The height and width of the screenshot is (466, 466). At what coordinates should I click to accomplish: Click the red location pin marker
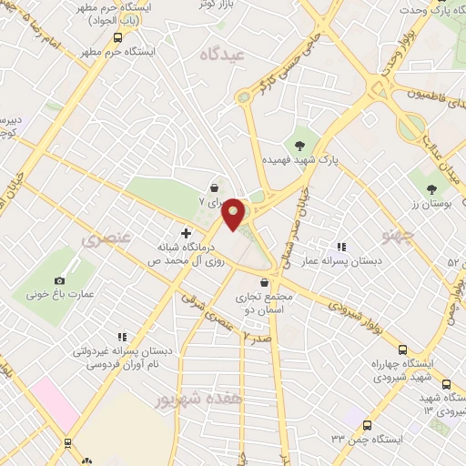[234, 214]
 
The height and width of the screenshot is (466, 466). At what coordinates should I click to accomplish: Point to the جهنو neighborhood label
[400, 238]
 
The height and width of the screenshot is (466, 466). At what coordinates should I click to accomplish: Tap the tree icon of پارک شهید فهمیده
[299, 144]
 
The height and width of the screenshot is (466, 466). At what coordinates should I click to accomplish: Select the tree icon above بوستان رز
[431, 190]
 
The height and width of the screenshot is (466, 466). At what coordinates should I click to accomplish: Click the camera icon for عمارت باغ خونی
[60, 280]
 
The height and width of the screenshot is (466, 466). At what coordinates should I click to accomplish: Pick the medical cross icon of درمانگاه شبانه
[187, 233]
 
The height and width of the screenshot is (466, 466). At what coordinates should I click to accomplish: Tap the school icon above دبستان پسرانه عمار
[342, 247]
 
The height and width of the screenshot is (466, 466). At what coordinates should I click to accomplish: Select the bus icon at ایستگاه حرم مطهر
[117, 38]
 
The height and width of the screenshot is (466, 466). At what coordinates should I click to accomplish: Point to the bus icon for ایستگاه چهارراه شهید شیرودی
[402, 349]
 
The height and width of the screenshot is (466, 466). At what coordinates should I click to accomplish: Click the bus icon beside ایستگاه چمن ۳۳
[367, 426]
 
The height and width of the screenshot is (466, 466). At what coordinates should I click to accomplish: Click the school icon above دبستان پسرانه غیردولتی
[121, 337]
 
